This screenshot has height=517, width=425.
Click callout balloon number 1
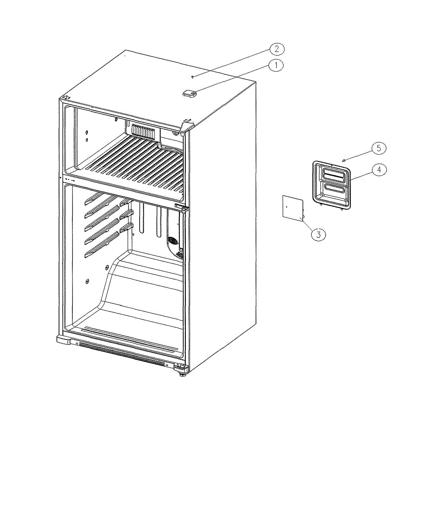[276, 65]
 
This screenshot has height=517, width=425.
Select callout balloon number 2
[277, 49]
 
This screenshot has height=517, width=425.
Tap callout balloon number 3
[319, 235]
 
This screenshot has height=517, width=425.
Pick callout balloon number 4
[379, 169]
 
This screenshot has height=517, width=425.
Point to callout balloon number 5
[379, 148]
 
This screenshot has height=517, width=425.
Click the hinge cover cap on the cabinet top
[190, 93]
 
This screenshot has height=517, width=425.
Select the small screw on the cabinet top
[193, 77]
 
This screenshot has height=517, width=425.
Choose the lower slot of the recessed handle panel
[334, 190]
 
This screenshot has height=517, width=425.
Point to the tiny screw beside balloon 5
[344, 161]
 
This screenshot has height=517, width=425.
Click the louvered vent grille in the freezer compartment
[143, 131]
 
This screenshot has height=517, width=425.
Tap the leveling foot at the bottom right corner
[182, 374]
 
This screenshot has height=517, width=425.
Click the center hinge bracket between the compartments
[181, 206]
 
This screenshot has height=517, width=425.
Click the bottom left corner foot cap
[63, 339]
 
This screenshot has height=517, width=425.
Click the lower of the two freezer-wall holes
[87, 140]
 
